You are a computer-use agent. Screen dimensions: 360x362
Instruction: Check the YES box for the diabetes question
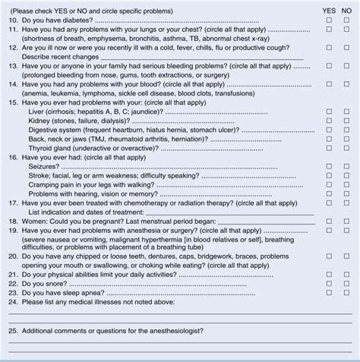tap(328, 20)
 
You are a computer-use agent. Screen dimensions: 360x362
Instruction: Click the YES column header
tap(328, 10)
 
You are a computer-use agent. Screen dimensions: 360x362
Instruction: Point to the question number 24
tap(12, 310)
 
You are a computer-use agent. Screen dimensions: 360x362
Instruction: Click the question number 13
tap(12, 65)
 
